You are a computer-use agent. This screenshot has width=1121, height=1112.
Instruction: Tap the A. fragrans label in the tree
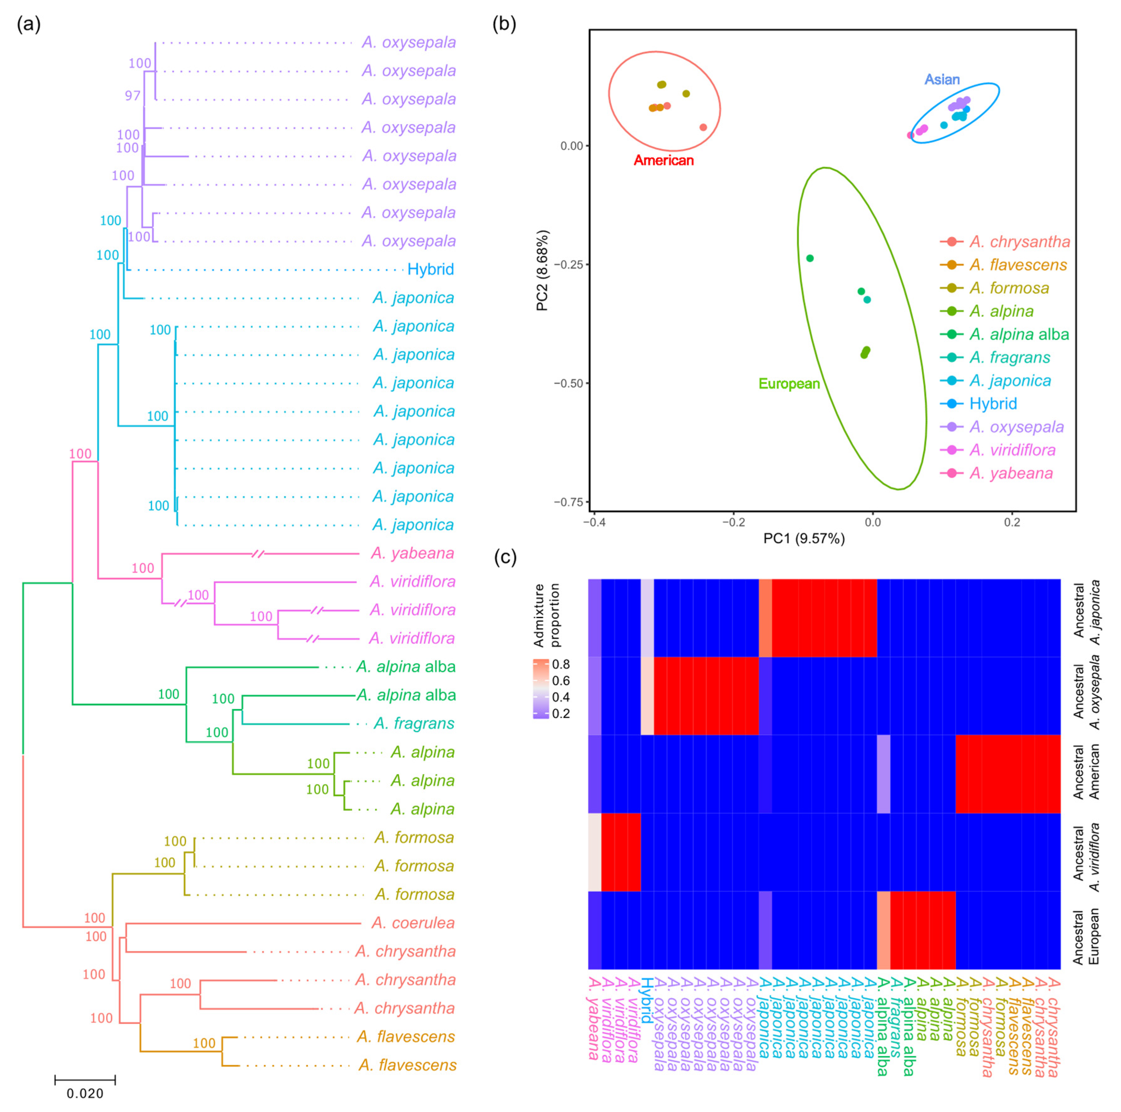(414, 723)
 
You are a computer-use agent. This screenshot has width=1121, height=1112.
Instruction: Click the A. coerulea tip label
(413, 922)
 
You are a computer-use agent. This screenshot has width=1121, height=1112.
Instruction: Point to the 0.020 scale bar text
(85, 1093)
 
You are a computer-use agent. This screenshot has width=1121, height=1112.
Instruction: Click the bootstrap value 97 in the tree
(133, 95)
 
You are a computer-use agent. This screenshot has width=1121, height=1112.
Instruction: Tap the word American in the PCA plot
(663, 160)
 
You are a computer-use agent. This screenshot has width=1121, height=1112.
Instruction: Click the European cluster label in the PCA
(789, 383)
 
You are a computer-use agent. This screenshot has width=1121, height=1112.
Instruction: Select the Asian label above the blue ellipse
(942, 79)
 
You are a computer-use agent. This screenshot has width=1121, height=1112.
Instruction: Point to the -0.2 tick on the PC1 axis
(733, 522)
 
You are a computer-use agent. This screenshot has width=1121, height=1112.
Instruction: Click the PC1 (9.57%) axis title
(804, 539)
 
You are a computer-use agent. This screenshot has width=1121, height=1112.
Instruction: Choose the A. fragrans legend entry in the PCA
(1009, 357)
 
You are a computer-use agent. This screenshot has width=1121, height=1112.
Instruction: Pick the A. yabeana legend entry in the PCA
(1011, 473)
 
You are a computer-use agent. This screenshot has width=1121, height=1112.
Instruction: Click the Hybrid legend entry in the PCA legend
(993, 404)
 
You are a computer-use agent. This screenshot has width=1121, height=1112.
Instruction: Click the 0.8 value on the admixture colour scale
(561, 664)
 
